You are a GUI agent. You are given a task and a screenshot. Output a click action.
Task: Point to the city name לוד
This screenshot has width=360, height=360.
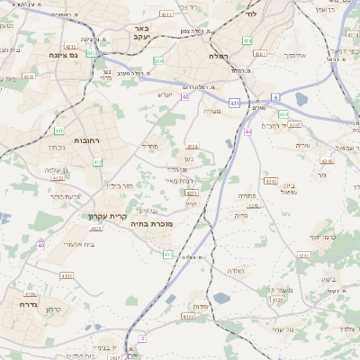click(251, 15)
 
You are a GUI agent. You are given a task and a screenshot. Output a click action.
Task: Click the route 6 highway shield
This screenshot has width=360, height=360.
click(275, 95)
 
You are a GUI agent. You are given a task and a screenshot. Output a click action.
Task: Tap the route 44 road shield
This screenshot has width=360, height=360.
click(247, 132)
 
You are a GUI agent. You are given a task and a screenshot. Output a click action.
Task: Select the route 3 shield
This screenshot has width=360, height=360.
click(141, 337)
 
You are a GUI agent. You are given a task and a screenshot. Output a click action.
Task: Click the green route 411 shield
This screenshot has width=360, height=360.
click(167, 255)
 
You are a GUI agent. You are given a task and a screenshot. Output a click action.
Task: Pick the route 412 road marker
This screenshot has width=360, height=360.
click(97, 162)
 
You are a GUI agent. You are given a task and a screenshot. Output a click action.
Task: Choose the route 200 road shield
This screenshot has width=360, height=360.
click(158, 61)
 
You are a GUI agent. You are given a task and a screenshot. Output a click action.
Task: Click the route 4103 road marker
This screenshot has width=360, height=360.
click(67, 275)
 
